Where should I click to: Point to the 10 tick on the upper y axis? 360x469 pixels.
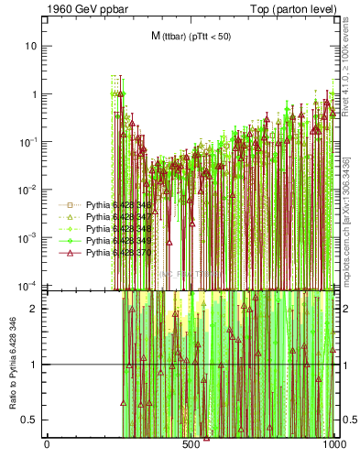pyautogui.click(x=31, y=46)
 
